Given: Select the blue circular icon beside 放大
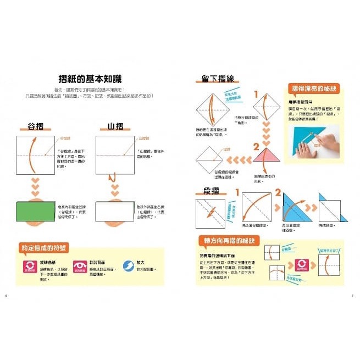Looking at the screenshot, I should click(128, 266).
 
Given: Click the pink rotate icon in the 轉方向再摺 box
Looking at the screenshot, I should click(302, 264).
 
